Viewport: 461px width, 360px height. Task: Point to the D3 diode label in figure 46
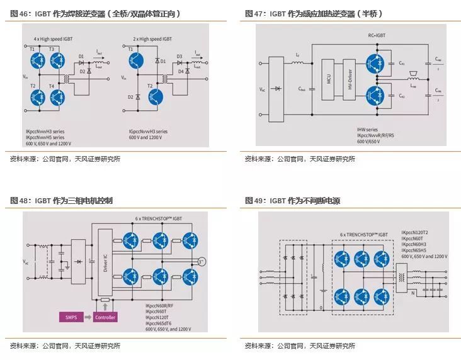point(179,57)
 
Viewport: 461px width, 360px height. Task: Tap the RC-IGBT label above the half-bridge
point(377,36)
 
